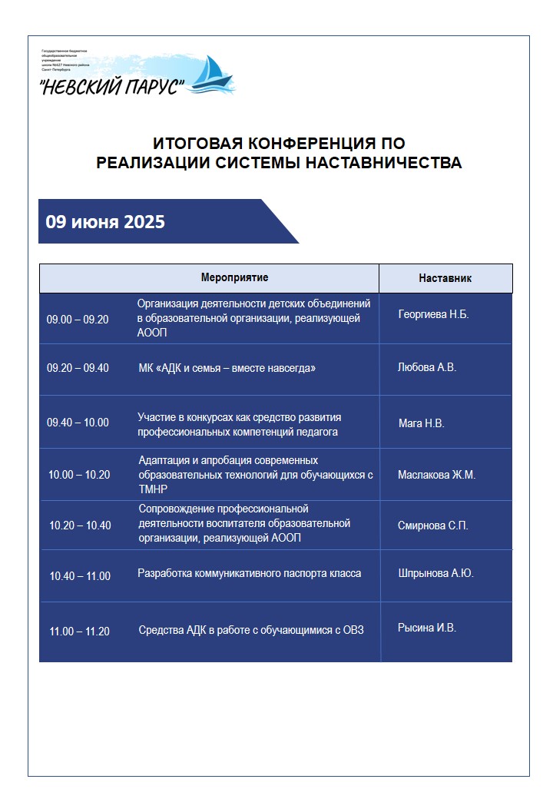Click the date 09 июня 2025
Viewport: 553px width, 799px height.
click(x=105, y=222)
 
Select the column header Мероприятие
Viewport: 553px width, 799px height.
click(x=234, y=277)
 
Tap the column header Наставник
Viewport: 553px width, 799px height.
click(x=445, y=278)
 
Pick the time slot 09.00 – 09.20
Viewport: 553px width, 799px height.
click(x=78, y=320)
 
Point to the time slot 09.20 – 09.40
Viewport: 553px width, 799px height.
click(x=78, y=368)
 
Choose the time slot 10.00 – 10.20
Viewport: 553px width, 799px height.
click(x=79, y=475)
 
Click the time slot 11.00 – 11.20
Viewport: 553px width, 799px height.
click(x=80, y=632)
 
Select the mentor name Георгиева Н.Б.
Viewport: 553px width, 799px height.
click(x=433, y=315)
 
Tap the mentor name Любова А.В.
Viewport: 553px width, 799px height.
click(x=427, y=367)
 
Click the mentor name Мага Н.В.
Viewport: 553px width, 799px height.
click(x=422, y=423)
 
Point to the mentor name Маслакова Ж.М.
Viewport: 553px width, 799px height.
click(x=436, y=475)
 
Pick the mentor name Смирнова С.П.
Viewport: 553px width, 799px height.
click(x=433, y=526)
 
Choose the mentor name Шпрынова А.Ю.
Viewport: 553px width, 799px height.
click(x=435, y=573)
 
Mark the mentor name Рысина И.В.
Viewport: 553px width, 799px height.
click(x=427, y=628)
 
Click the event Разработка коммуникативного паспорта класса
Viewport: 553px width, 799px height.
click(x=249, y=573)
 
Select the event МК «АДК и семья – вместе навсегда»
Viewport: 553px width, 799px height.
click(x=227, y=368)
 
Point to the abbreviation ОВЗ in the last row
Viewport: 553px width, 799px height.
click(x=352, y=631)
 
